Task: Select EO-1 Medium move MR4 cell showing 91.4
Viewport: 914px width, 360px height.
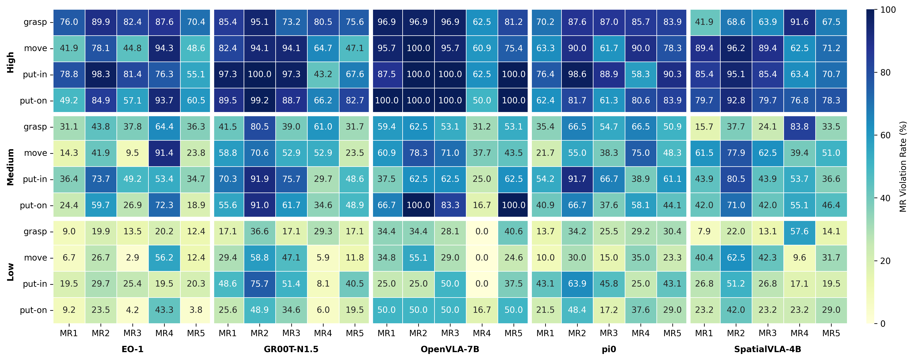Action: click(x=164, y=153)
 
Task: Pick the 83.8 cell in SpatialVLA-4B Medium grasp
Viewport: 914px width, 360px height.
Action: click(x=799, y=127)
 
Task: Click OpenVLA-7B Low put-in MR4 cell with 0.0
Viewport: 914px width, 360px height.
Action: click(x=482, y=284)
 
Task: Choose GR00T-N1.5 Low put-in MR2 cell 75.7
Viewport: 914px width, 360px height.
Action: click(x=259, y=284)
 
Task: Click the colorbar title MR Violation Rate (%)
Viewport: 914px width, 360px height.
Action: click(x=903, y=167)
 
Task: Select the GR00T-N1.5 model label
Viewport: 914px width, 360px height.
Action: click(x=291, y=349)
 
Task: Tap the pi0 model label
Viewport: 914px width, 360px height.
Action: click(x=609, y=349)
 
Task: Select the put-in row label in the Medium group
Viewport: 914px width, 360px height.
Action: click(x=35, y=179)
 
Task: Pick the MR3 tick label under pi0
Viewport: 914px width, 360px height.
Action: click(x=609, y=333)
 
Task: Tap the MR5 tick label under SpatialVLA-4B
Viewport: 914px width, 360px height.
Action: click(x=831, y=333)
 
